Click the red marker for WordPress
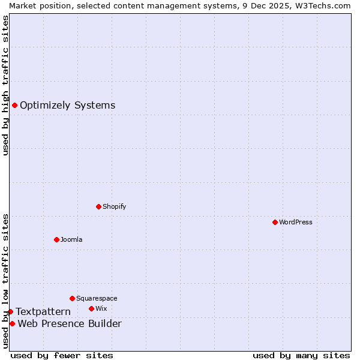(275, 222)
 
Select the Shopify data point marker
(98, 206)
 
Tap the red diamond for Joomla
(56, 239)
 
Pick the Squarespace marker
(72, 298)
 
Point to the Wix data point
(91, 308)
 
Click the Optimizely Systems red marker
(14, 106)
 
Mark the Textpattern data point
(10, 311)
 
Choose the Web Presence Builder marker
(12, 324)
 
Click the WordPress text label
(296, 222)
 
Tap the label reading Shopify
(115, 206)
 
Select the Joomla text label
(71, 239)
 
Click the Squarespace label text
(97, 298)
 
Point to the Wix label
(101, 308)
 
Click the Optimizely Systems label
(68, 106)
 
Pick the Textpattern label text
(43, 311)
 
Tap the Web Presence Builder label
(70, 324)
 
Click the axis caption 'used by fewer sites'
(62, 355)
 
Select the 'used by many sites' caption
(301, 355)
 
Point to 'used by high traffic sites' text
(5, 85)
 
